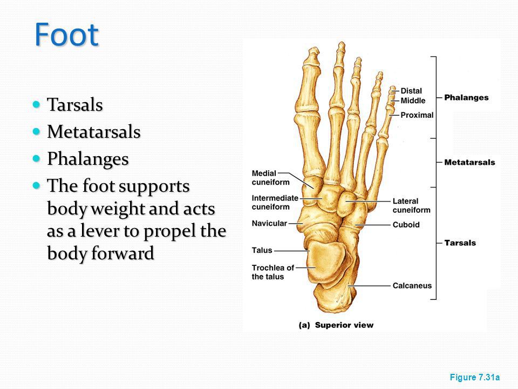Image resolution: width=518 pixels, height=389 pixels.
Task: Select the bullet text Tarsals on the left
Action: click(x=74, y=105)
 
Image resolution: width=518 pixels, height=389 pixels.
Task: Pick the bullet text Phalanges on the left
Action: click(x=87, y=159)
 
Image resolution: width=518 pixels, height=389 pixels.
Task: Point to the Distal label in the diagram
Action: click(x=411, y=91)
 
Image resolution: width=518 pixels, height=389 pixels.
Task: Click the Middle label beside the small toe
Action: click(x=413, y=100)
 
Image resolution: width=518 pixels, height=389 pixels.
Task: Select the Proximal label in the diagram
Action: click(x=417, y=115)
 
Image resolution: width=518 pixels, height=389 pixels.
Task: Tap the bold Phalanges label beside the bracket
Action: click(x=466, y=98)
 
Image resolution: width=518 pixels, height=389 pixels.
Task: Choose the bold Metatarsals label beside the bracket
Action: click(x=469, y=162)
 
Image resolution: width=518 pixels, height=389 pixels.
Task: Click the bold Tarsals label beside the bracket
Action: click(x=460, y=243)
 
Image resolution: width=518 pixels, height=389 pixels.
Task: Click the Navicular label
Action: click(x=269, y=223)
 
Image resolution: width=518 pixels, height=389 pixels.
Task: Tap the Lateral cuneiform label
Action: click(x=412, y=205)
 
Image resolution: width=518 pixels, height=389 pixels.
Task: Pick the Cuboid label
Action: click(x=406, y=224)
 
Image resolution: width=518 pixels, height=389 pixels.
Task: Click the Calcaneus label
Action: click(x=412, y=285)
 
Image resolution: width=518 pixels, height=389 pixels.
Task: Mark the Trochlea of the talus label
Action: click(x=272, y=272)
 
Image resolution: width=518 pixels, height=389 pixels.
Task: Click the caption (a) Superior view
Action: click(x=336, y=325)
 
